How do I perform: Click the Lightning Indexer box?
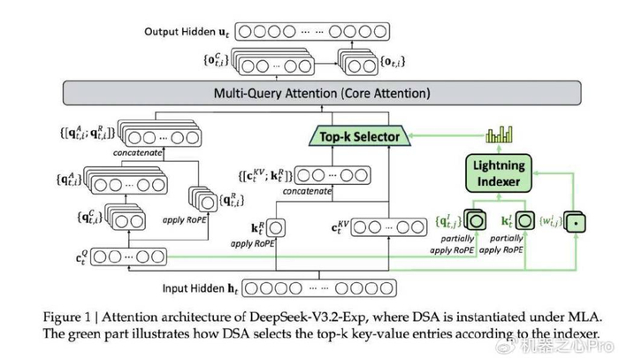click(498, 172)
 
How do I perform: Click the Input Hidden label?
click(199, 287)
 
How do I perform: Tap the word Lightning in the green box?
click(498, 164)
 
